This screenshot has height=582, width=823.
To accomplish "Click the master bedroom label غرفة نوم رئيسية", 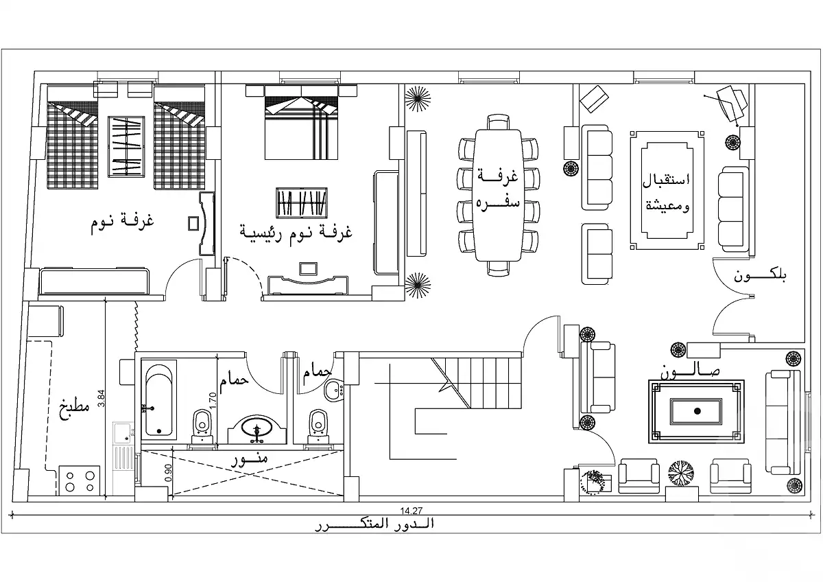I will pyautogui.click(x=296, y=231).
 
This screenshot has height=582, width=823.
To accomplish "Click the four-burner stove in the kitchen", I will pyautogui.click(x=79, y=480).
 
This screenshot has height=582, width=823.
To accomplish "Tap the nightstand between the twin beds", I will pyautogui.click(x=126, y=147).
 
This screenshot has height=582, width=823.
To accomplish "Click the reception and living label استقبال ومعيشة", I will pyautogui.click(x=666, y=192).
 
